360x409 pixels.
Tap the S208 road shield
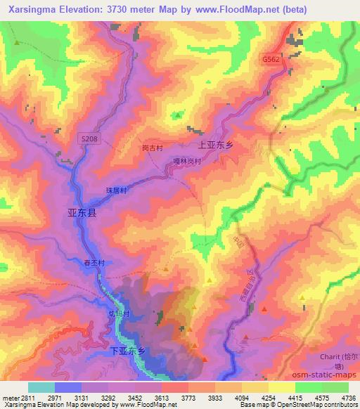89,141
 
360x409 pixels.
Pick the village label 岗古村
152,149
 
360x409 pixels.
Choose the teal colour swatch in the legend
41,387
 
